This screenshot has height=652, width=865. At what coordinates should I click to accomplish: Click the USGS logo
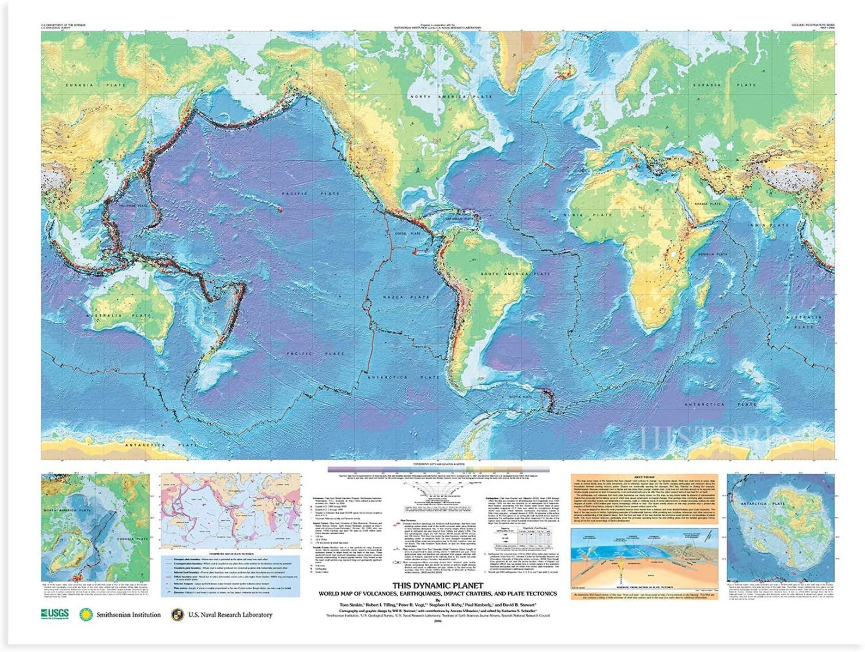click(54, 614)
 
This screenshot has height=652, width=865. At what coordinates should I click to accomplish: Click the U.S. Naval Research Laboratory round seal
click(176, 615)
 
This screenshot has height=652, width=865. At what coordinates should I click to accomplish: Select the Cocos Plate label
click(407, 233)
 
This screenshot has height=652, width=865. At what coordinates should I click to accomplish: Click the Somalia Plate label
click(714, 254)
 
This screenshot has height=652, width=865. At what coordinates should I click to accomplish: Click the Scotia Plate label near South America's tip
click(520, 397)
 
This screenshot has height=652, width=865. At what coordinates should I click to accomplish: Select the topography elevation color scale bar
click(438, 469)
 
